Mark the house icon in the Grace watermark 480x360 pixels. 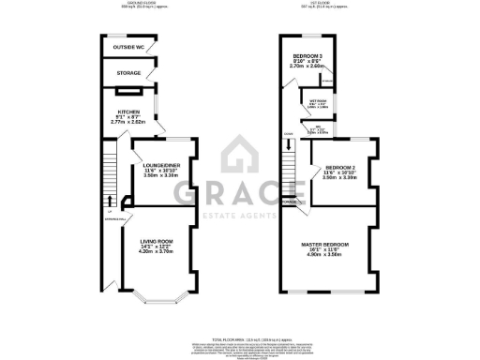240,155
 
